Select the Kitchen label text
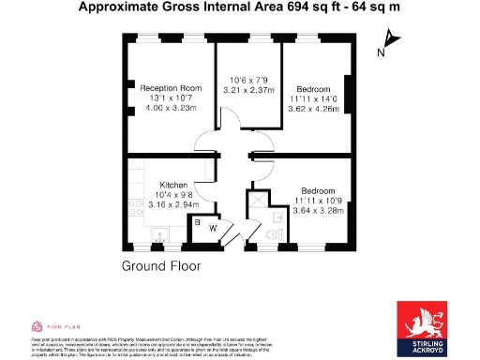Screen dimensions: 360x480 click(173, 186)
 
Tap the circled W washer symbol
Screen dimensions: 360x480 click(213, 228)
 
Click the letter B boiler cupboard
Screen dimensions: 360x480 click(198, 221)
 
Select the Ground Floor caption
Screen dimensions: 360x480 click(161, 266)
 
